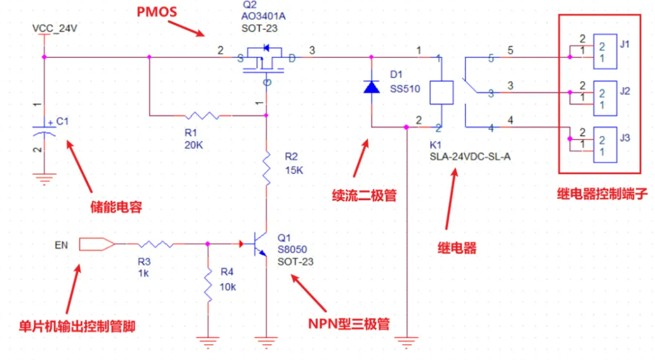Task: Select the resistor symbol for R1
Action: click(201, 115)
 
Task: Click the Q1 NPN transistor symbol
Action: click(258, 244)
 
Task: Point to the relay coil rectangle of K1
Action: click(441, 92)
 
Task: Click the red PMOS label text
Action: click(157, 12)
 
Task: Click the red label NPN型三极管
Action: click(348, 323)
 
